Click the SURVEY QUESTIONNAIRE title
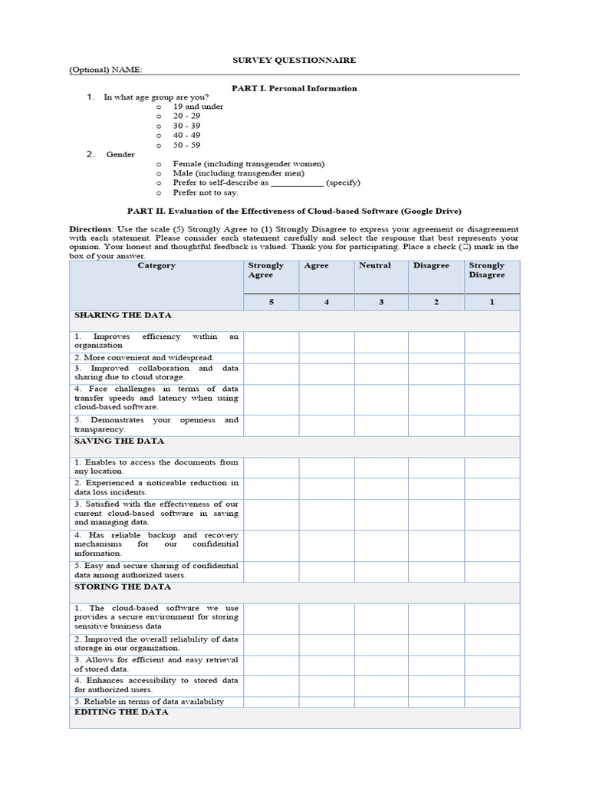pyautogui.click(x=294, y=60)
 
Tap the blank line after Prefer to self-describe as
pyautogui.click(x=298, y=183)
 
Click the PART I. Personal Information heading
pyautogui.click(x=294, y=88)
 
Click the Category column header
pyautogui.click(x=156, y=266)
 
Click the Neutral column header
pyautogui.click(x=375, y=266)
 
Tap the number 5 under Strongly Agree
pyautogui.click(x=271, y=302)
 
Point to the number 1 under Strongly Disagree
pyautogui.click(x=492, y=302)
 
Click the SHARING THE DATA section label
pyautogui.click(x=123, y=315)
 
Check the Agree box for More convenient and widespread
pyautogui.click(x=326, y=357)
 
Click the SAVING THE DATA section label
pyautogui.click(x=119, y=442)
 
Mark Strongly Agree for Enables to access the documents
pyautogui.click(x=271, y=467)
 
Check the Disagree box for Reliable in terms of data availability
pyautogui.click(x=436, y=701)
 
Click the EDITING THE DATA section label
pyautogui.click(x=121, y=712)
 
